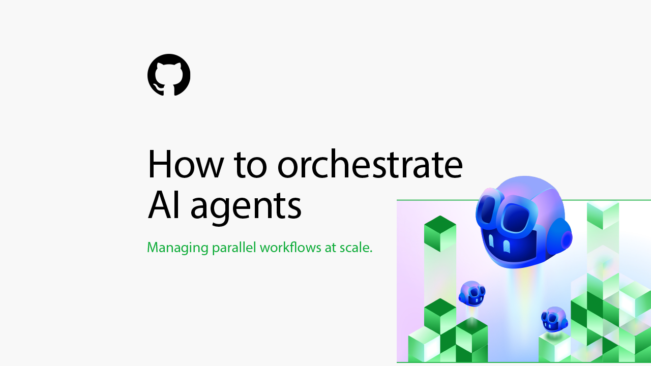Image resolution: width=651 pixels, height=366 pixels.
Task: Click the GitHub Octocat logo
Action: [x=169, y=75]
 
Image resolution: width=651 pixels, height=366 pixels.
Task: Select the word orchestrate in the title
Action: [x=370, y=164]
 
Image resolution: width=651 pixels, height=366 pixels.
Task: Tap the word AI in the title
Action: [x=164, y=205]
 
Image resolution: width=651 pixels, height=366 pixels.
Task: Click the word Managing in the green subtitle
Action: [x=177, y=248]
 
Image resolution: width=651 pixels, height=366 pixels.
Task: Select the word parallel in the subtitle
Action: [x=234, y=248]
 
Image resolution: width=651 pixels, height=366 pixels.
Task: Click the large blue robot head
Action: [x=524, y=222]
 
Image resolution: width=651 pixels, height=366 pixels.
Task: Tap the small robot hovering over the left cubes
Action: [x=472, y=293]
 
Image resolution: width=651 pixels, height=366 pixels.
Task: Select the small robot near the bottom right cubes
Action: [x=554, y=319]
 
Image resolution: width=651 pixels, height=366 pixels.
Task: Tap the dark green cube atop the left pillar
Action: [x=440, y=233]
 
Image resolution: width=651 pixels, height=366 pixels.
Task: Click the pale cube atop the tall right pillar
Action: [x=603, y=215]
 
